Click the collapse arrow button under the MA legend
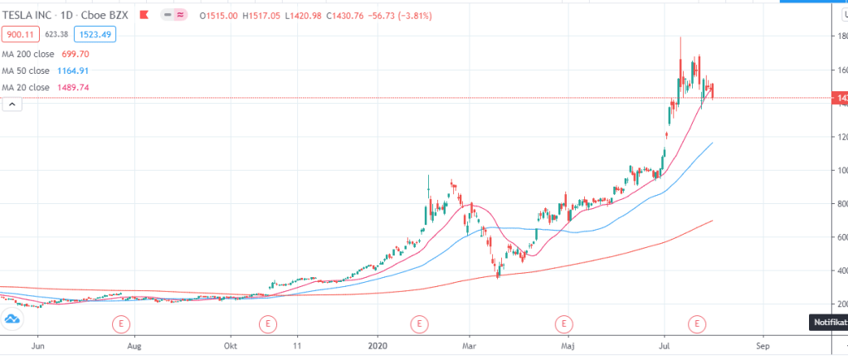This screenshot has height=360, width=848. (12, 104)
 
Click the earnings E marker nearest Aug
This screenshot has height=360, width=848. (122, 322)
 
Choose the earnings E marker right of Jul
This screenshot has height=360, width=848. (698, 322)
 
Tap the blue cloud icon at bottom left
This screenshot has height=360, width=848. (12, 320)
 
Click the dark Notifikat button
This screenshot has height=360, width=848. (827, 322)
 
